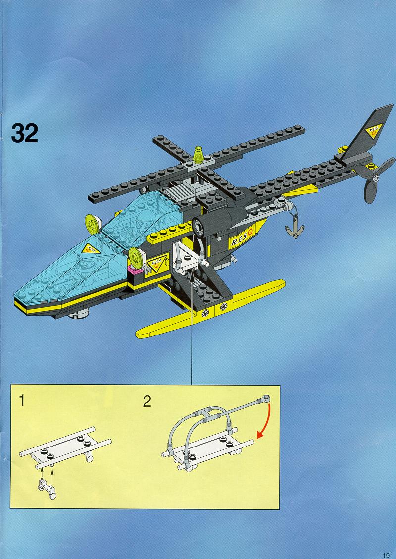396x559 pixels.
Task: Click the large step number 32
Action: pyautogui.click(x=25, y=133)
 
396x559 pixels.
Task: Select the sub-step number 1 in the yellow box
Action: pyautogui.click(x=22, y=401)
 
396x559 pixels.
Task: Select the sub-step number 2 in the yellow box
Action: pyautogui.click(x=147, y=401)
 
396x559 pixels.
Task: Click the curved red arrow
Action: pyautogui.click(x=266, y=422)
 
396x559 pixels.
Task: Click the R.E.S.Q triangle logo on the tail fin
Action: pyautogui.click(x=374, y=131)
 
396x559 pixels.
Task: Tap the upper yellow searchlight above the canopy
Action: pyautogui.click(x=93, y=224)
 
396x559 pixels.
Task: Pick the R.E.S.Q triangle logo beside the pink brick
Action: pyautogui.click(x=156, y=264)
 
